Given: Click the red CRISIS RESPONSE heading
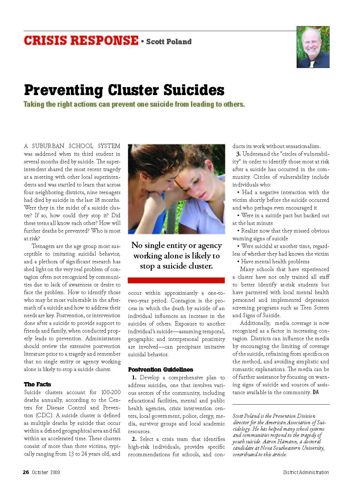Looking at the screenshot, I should click(x=81, y=41).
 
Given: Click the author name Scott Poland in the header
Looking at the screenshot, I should click(x=169, y=42).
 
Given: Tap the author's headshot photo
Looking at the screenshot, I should click(x=313, y=47).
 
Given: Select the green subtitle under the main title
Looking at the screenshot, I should click(x=134, y=104).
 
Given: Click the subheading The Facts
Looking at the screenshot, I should click(x=37, y=384).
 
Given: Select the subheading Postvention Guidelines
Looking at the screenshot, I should click(x=161, y=369).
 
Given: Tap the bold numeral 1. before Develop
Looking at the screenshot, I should click(x=134, y=377).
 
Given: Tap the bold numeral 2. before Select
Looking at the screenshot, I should click(x=134, y=439).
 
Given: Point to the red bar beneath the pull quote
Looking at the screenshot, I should click(x=176, y=280).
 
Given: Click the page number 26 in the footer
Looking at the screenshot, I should click(x=26, y=472).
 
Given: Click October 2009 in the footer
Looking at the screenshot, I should click(x=46, y=472).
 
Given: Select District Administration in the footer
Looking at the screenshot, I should click(x=306, y=472).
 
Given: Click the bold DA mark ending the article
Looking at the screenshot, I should click(x=316, y=392).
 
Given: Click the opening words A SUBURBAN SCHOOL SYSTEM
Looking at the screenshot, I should click(x=72, y=146).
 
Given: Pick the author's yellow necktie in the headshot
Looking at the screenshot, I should click(x=312, y=64).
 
